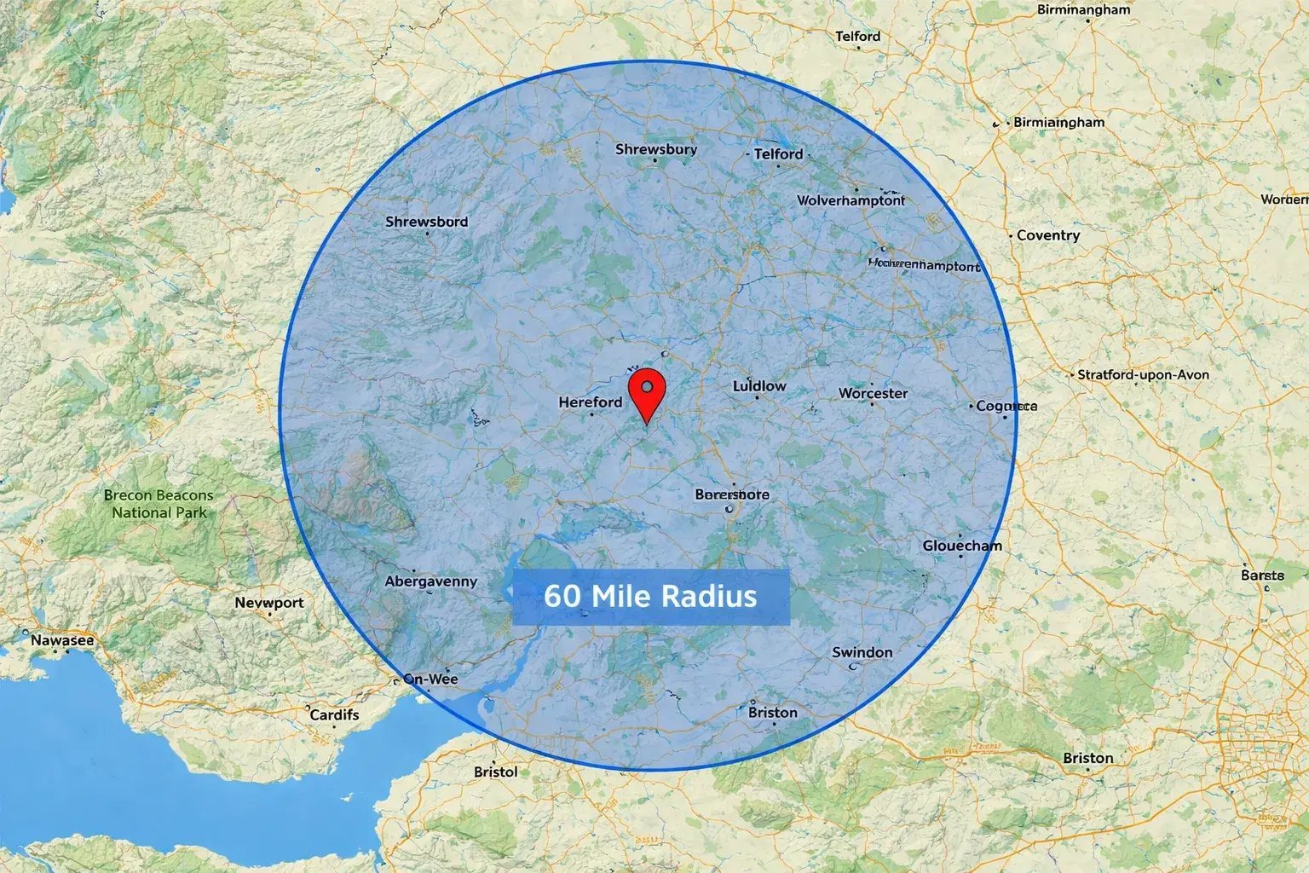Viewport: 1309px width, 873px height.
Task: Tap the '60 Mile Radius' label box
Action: click(650, 596)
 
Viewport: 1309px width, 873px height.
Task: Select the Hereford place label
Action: click(591, 402)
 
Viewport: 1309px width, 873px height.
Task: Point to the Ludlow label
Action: click(759, 386)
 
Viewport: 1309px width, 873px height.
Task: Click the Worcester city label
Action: click(873, 394)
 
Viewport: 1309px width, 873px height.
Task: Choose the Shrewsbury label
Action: click(656, 149)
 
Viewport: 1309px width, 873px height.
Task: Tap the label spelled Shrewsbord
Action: click(426, 222)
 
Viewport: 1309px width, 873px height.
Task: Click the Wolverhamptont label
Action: click(851, 200)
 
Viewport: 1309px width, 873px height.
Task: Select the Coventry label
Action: click(1047, 235)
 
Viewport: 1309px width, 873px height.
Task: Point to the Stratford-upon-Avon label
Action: click(1142, 374)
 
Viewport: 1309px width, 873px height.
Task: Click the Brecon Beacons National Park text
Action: click(159, 504)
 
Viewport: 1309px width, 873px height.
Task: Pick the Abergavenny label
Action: click(430, 581)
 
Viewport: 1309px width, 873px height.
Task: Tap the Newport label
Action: click(268, 603)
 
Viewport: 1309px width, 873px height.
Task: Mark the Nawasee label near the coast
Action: click(62, 640)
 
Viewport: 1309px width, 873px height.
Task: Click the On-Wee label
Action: click(430, 679)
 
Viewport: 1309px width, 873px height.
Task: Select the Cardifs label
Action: click(334, 714)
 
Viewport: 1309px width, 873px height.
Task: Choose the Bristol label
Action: click(495, 772)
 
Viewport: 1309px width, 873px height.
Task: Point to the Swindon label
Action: click(862, 652)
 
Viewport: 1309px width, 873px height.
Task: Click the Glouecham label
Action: click(962, 546)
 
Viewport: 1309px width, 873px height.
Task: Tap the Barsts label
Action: click(1262, 575)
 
